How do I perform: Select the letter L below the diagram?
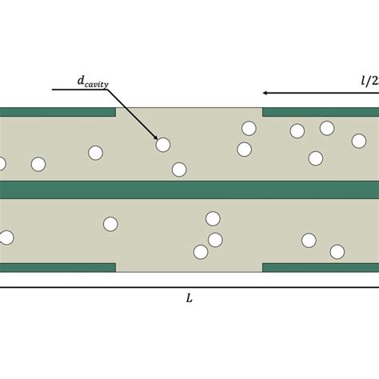(189, 298)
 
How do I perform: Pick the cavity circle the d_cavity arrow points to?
(163, 145)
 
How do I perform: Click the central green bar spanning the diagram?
(189, 189)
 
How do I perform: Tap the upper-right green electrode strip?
(321, 112)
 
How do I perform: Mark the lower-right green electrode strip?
(321, 267)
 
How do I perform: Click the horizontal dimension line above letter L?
(189, 286)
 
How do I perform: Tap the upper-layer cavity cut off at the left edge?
(2, 164)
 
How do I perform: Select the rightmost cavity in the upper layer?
(359, 141)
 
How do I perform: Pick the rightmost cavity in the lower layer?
(337, 252)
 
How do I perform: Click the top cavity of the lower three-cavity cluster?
(213, 219)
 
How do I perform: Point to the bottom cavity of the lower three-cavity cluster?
(201, 252)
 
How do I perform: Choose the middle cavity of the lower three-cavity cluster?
(215, 239)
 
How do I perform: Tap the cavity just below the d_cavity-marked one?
(179, 170)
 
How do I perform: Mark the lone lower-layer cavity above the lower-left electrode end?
(110, 224)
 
